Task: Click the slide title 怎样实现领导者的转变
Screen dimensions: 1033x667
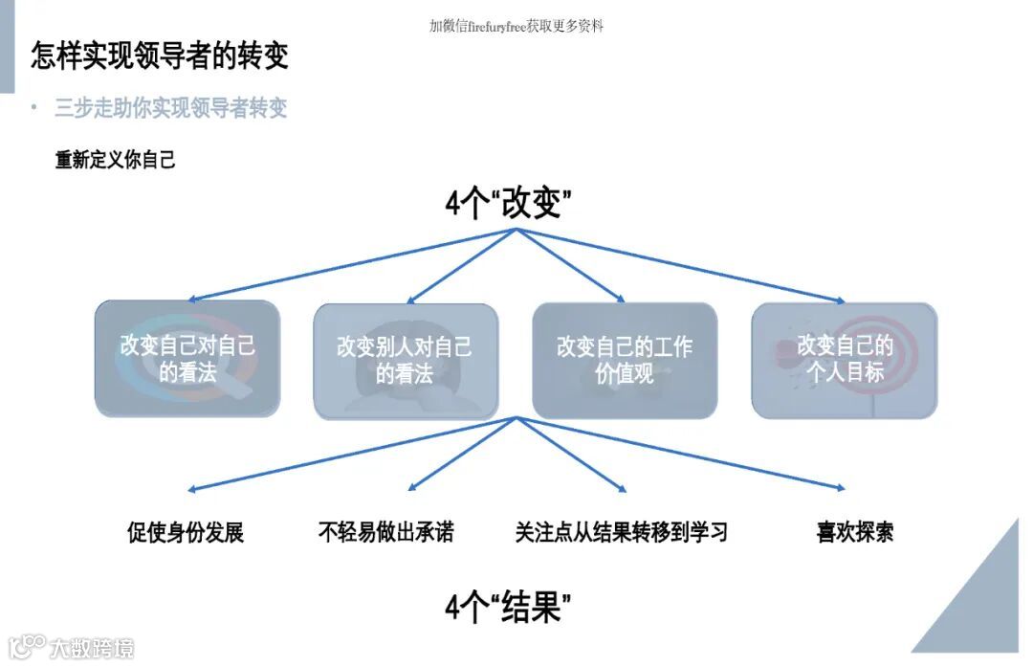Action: tap(160, 56)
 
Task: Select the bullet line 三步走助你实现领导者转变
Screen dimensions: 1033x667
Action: tap(170, 107)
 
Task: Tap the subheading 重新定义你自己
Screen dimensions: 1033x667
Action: tap(116, 160)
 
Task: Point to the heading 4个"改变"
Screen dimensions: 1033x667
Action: tap(508, 204)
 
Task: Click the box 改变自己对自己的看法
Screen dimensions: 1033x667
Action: tap(187, 359)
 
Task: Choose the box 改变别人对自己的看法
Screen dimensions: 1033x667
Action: tap(406, 360)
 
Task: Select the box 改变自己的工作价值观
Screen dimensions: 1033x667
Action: tap(625, 360)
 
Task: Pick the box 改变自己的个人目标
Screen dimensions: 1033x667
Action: tap(845, 359)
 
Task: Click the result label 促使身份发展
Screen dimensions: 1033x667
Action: tap(186, 532)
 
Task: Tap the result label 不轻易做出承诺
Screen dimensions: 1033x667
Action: tap(385, 532)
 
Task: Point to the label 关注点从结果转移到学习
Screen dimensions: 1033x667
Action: tap(621, 532)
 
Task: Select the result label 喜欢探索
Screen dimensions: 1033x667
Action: tap(854, 532)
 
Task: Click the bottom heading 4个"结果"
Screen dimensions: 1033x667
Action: tap(508, 607)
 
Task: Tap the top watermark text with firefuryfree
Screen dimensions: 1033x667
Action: tap(516, 26)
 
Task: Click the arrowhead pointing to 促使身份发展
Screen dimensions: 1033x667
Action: tap(192, 489)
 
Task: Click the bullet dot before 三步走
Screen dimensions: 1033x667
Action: tap(34, 106)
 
